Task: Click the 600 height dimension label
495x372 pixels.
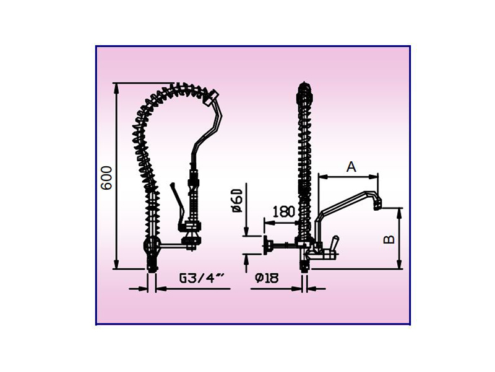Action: [x=107, y=177]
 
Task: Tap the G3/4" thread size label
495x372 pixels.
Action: [x=202, y=278]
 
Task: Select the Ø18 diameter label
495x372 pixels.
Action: [x=267, y=278]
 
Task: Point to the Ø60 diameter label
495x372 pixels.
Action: [x=238, y=200]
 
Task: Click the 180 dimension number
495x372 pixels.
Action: [x=284, y=211]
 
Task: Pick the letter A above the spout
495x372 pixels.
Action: [x=351, y=166]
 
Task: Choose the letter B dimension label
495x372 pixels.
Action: [x=389, y=239]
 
